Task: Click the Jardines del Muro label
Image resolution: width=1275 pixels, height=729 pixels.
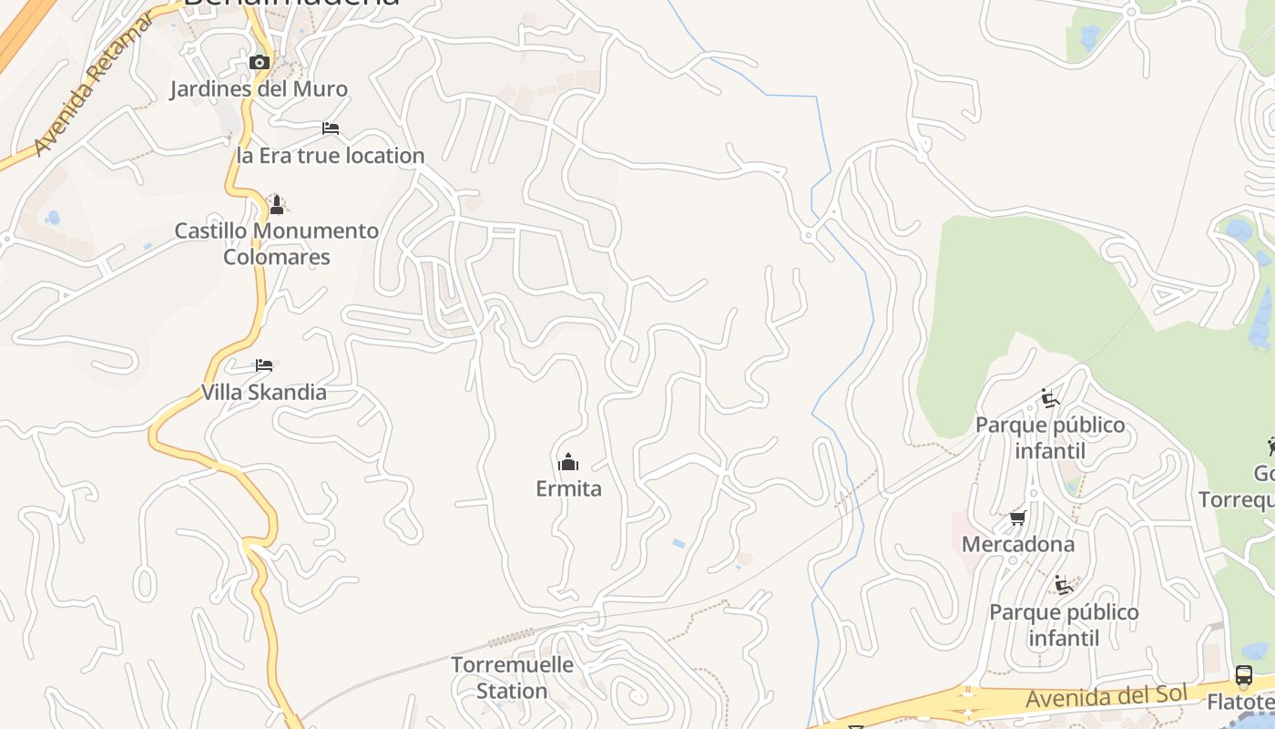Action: [x=259, y=89]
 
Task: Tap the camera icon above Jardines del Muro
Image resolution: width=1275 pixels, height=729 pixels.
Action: [x=260, y=63]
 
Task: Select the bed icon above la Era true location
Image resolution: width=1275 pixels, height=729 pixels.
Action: [x=331, y=128]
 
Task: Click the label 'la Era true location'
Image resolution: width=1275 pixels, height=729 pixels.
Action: [x=331, y=156]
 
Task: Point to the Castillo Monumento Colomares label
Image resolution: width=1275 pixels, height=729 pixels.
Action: [x=277, y=244]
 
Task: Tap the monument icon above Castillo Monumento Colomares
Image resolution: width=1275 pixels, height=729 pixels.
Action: [x=277, y=205]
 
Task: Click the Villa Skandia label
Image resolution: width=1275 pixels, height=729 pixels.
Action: [x=264, y=393]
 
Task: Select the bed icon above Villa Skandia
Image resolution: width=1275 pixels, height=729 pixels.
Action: [x=264, y=365]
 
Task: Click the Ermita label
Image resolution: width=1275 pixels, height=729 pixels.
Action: [x=568, y=489]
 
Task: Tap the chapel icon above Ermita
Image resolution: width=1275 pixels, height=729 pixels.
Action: [x=568, y=462]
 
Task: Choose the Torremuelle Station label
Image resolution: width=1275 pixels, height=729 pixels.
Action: [x=513, y=678]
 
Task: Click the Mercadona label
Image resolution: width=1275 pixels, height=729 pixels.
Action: [x=1018, y=545]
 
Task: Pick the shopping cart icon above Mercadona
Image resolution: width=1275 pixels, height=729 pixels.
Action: [x=1018, y=519]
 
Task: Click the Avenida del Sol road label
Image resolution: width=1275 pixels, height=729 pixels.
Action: [x=1106, y=697]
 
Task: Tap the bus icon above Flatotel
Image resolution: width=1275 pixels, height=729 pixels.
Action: [x=1244, y=676]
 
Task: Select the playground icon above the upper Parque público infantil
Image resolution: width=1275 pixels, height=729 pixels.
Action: [x=1050, y=398]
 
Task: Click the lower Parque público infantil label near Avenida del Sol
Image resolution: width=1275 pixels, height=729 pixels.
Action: [x=1064, y=625]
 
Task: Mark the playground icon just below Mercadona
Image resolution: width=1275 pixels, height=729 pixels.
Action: [x=1064, y=585]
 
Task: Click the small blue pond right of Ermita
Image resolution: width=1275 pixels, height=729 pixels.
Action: [x=678, y=543]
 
